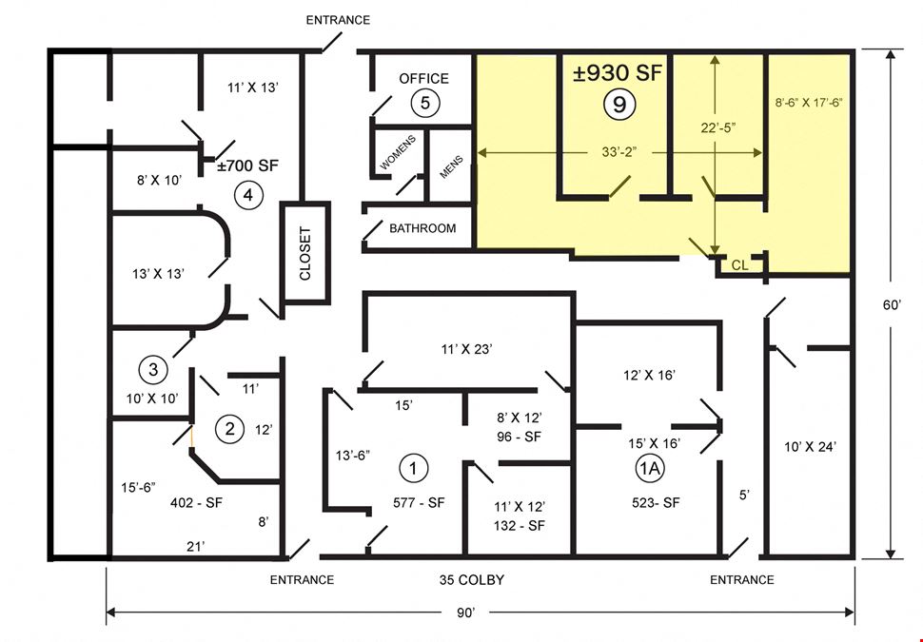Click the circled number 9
619,105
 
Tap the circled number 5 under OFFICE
425,103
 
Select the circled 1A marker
650,468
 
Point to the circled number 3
153,370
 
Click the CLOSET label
304,254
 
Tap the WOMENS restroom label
398,152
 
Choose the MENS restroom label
451,167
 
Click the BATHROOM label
422,228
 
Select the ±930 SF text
618,73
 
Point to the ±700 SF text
247,165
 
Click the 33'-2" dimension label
619,152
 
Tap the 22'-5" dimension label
718,127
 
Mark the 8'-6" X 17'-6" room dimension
809,103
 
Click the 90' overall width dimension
465,613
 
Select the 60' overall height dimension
892,304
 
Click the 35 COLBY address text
472,580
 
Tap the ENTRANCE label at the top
338,20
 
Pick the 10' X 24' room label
810,447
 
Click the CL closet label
739,265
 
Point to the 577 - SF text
419,503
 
